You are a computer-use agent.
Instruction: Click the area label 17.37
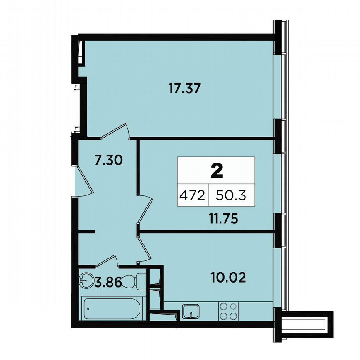[x=185, y=88]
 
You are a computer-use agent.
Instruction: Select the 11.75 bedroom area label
[x=223, y=219]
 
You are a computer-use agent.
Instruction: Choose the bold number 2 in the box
[x=216, y=170]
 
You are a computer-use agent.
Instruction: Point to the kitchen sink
[x=191, y=310]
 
